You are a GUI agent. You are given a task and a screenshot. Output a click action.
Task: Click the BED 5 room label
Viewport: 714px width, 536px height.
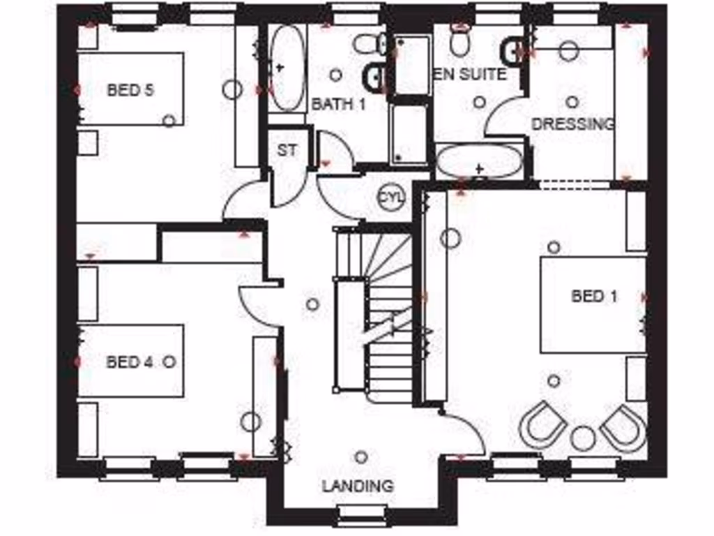130,89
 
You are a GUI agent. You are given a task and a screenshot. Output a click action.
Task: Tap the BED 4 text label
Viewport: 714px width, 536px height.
129,362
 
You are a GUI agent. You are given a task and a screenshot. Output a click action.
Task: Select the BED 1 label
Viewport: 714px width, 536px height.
594,296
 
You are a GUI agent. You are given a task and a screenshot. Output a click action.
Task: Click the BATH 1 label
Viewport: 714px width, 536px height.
338,105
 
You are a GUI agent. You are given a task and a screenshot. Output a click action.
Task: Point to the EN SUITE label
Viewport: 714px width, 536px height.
470,74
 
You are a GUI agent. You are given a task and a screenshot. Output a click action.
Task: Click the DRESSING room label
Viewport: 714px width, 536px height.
572,124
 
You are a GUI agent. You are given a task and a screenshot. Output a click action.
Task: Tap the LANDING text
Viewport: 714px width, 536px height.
357,486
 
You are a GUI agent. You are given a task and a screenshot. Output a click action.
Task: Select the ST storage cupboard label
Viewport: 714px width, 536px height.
287,150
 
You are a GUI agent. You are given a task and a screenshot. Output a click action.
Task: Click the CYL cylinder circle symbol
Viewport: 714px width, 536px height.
390,197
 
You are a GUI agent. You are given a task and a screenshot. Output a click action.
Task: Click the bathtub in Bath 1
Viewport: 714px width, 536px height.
287,68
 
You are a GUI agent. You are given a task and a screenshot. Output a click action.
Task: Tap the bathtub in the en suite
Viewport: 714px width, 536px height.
480,162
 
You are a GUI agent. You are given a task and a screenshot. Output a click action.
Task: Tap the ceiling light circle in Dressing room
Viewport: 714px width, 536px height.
572,102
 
